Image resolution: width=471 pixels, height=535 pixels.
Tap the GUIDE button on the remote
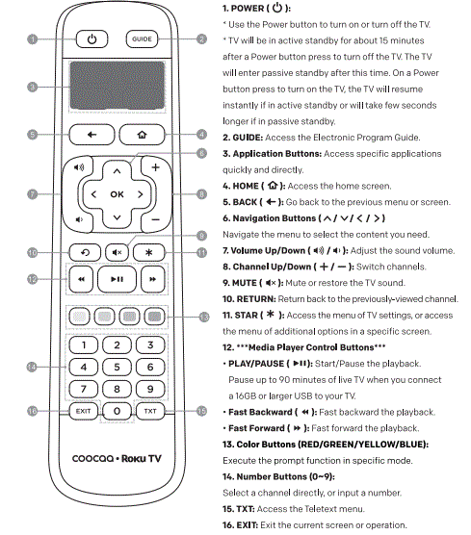[141, 39]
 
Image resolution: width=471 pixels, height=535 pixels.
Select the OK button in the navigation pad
[117, 194]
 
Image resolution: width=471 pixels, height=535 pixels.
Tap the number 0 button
[117, 411]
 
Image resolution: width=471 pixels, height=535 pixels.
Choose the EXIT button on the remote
[83, 411]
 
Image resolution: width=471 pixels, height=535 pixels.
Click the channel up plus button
[154, 168]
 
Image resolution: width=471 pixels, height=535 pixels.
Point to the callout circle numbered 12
[31, 281]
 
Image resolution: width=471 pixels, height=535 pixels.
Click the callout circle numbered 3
[31, 87]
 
